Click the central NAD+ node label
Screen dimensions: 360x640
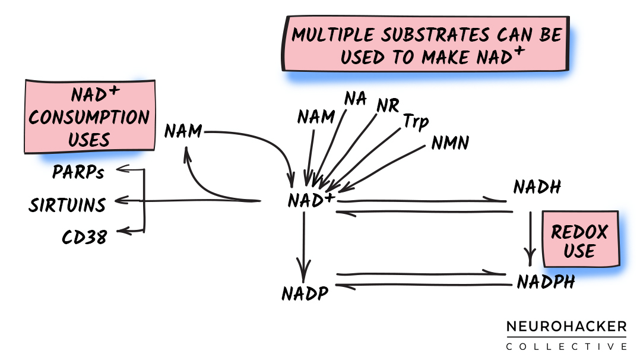click(310, 200)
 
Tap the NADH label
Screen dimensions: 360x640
click(537, 188)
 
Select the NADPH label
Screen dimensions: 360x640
click(546, 281)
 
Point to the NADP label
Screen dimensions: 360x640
click(305, 293)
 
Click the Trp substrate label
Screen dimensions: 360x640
click(416, 122)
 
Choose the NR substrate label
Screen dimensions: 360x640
click(387, 105)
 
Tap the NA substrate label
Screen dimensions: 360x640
click(355, 99)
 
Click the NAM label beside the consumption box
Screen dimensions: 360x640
click(183, 130)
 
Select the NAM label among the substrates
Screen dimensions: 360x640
click(316, 116)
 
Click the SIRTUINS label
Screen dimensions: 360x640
click(67, 206)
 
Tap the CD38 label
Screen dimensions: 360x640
click(84, 237)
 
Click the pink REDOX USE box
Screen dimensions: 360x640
click(579, 240)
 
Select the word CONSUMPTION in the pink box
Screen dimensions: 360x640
click(89, 117)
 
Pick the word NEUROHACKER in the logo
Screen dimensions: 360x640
click(566, 326)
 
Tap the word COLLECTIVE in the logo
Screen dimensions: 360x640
click(566, 346)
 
